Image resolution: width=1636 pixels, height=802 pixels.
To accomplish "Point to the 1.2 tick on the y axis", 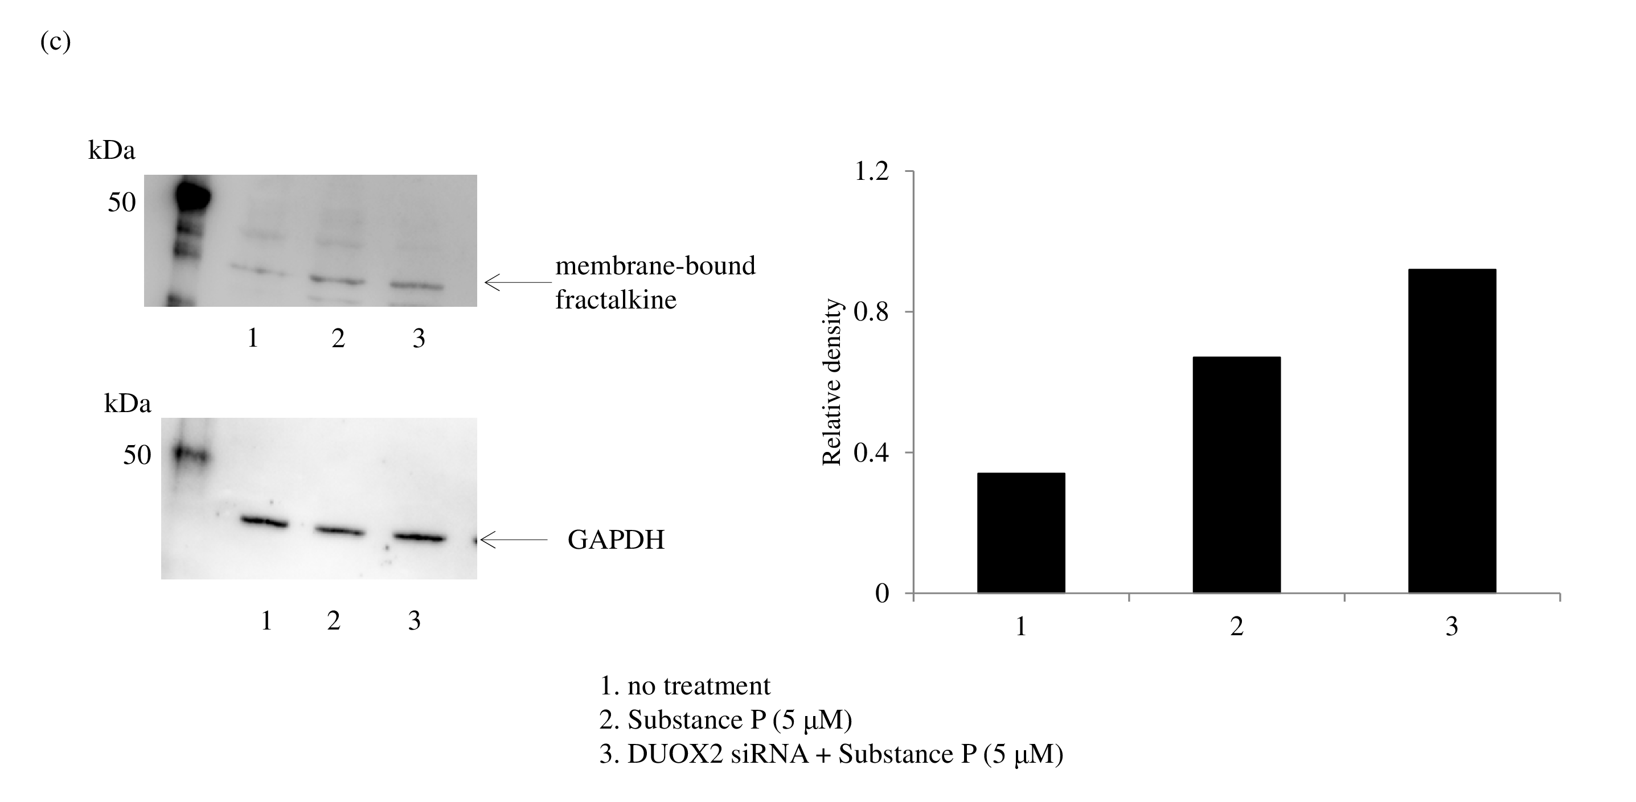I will pos(871,171).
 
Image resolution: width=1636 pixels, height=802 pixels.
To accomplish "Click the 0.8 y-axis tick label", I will pos(871,312).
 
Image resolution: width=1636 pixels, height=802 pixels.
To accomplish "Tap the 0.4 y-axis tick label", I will pos(871,453).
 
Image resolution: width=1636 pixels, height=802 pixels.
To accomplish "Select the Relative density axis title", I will pos(831,383).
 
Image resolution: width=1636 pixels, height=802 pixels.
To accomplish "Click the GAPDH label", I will pos(616,540).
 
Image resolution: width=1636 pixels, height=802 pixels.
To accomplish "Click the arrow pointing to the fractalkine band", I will pos(518,282).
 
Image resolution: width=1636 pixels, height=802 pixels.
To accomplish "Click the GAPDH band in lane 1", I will pos(264,522).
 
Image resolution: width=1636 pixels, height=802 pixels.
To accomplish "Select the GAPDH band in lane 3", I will pos(417,537).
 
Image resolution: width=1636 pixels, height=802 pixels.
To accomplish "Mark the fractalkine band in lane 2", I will pos(337,279).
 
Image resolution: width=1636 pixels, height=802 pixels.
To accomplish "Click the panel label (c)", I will pos(55,42).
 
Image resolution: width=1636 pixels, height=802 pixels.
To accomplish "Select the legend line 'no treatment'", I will pos(684,686).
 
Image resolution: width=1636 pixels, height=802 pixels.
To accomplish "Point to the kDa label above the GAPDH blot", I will pos(127,404).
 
